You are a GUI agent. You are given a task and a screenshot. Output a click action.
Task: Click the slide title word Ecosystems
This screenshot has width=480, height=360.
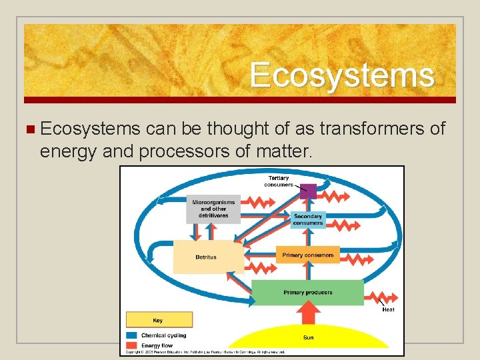coord(342,75)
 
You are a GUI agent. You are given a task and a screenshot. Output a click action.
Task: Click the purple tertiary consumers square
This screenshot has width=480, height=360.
coord(307,190)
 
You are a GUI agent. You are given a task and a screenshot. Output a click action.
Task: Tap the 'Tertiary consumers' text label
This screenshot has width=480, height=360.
coord(279,181)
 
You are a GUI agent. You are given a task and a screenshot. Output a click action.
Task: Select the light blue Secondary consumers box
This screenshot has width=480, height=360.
coord(308,219)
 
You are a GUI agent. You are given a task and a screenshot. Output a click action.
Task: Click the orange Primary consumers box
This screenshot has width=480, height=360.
coord(307,255)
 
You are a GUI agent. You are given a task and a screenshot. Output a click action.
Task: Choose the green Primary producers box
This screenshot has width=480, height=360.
coord(307,292)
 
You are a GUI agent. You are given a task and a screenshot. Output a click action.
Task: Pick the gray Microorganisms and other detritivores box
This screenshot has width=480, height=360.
coord(213,208)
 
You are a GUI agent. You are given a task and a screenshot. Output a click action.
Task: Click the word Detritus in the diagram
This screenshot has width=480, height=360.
coord(206,257)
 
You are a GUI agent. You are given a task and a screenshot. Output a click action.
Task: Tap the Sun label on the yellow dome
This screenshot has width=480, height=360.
coord(308,337)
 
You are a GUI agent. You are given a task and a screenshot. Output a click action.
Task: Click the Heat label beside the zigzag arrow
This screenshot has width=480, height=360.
coord(387,309)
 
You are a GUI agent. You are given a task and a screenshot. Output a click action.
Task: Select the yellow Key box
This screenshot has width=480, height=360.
coord(159,320)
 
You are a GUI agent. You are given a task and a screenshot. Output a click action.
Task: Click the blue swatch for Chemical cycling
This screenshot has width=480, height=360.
coord(132,335)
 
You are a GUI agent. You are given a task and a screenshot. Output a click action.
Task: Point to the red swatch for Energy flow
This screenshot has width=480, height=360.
coord(132,345)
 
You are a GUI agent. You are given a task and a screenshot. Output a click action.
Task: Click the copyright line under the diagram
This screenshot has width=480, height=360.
coord(207,352)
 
